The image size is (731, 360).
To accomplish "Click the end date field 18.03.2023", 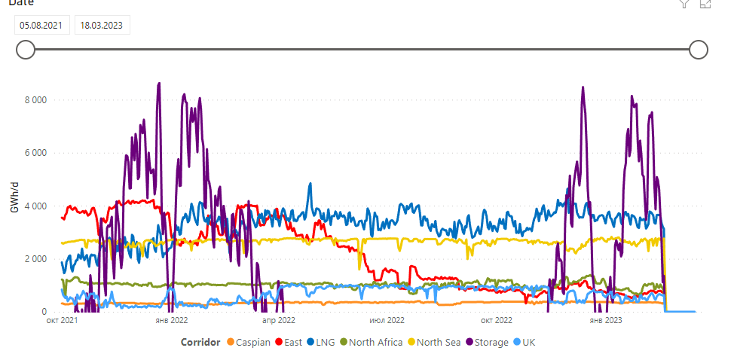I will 102,25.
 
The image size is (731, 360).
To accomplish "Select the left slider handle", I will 26,50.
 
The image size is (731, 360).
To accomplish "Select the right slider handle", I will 699,50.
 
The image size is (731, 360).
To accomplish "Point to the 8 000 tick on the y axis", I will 36,100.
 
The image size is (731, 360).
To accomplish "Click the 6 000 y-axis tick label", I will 36,153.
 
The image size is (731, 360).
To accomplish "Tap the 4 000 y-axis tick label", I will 36,206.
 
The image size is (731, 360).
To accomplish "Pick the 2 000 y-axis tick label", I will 36,259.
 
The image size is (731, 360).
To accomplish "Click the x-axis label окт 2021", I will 62,320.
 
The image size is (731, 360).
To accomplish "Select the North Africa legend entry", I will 373,343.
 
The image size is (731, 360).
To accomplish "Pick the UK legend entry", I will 528,343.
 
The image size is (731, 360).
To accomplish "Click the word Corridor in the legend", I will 200,343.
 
